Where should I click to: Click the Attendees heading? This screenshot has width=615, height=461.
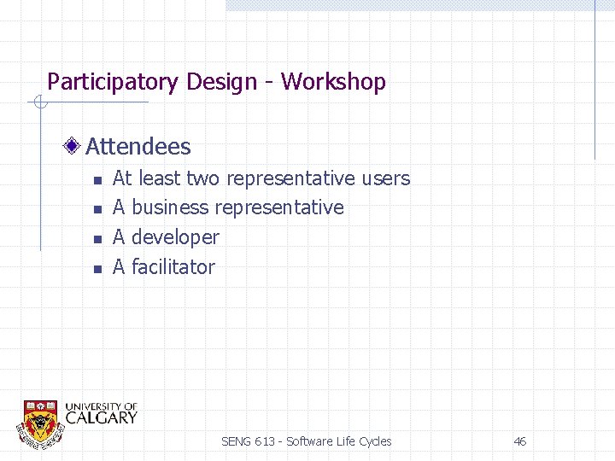coord(138,147)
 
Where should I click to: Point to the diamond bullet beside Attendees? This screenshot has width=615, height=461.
coord(75,147)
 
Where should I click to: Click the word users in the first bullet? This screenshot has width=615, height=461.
coord(385,179)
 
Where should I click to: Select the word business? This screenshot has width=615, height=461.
coord(170,207)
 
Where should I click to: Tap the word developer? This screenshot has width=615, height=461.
coord(175,237)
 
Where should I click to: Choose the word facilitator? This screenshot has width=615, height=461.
coord(173,267)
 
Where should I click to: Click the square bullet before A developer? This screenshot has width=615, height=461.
coord(97,239)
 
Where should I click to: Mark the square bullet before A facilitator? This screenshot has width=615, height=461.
coord(97,269)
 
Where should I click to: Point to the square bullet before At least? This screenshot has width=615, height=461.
coord(97,180)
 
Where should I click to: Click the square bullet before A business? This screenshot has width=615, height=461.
coord(97,209)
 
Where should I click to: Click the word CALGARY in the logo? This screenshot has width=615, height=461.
coord(101,418)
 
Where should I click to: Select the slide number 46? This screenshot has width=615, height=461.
coord(519,441)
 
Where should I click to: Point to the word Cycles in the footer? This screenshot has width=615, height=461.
coord(374,441)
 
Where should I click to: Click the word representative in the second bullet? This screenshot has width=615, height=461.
coord(279,207)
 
